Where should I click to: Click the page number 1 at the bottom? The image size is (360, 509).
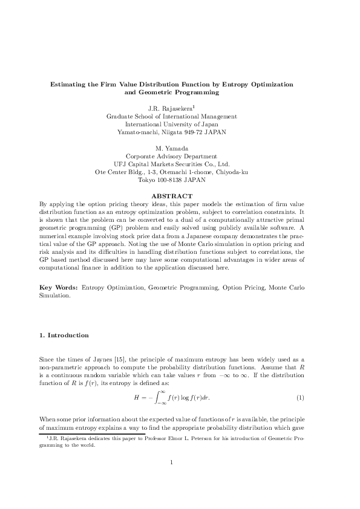[172, 480]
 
